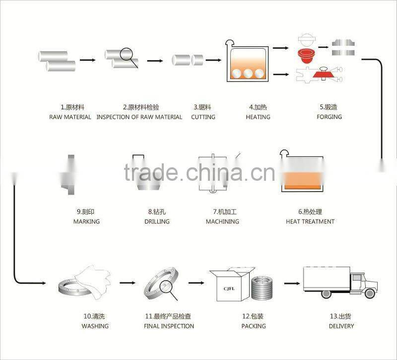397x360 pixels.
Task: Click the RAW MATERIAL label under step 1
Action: [70, 117]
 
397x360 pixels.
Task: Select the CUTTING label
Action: [203, 117]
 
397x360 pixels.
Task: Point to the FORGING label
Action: [330, 117]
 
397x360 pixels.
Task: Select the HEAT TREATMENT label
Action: [310, 221]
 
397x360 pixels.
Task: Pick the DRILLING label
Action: [157, 221]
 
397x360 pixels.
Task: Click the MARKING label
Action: [86, 221]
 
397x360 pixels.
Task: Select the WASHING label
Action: [95, 326]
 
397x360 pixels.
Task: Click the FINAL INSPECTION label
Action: [169, 326]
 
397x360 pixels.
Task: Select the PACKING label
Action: [254, 326]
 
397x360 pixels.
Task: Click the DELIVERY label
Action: [341, 326]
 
